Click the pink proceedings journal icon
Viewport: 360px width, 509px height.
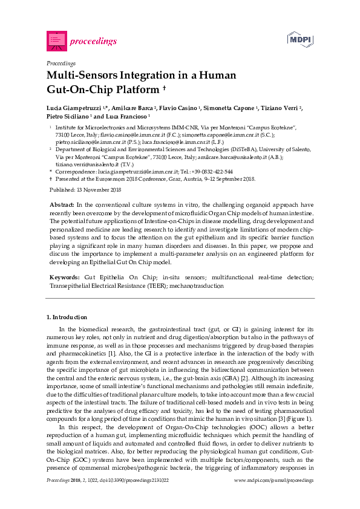(x=56, y=41)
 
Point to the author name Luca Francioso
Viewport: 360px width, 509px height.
(x=131, y=115)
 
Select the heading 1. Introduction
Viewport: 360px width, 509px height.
(x=67, y=317)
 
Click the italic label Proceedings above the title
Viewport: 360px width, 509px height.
(x=61, y=63)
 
